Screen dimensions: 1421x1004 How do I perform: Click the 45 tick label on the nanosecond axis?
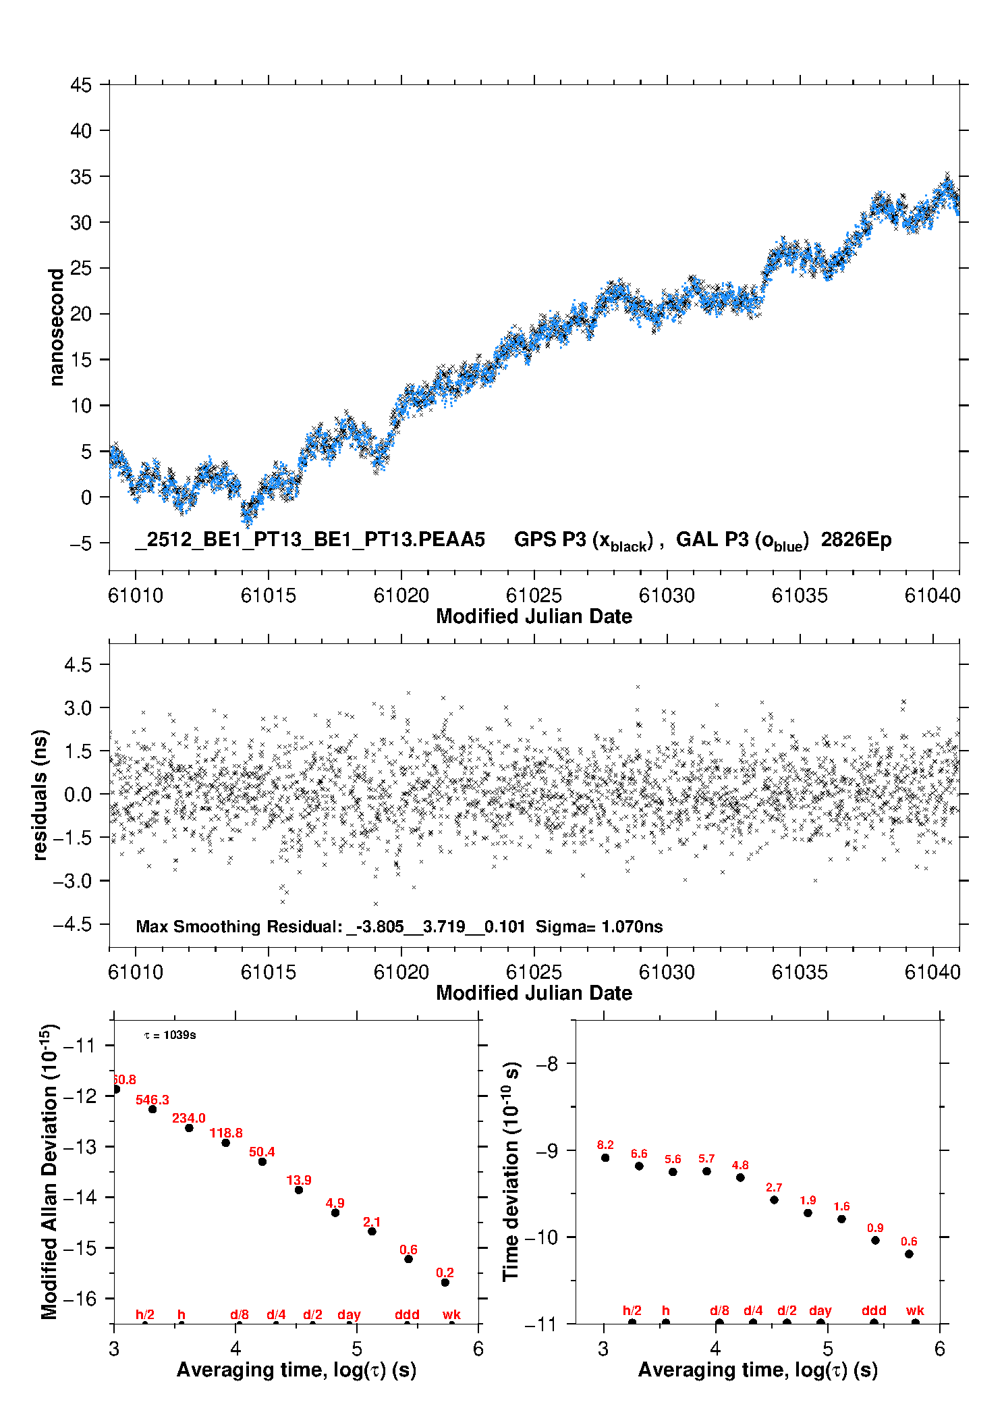click(80, 86)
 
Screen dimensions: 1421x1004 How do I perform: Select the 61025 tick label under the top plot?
click(534, 595)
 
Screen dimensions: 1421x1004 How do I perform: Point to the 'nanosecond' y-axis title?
click(56, 327)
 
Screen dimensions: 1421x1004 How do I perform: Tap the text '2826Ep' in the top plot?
click(856, 540)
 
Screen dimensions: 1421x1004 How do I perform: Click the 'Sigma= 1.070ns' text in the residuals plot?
click(598, 926)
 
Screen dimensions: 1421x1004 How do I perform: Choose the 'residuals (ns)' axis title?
click(40, 795)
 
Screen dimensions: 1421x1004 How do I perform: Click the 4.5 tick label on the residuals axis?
click(78, 665)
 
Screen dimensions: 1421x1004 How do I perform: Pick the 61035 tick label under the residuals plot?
click(800, 972)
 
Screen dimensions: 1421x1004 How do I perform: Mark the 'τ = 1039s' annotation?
click(170, 1035)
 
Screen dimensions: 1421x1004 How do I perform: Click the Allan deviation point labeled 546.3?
click(152, 1109)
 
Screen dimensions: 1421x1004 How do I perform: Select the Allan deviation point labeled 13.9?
click(299, 1189)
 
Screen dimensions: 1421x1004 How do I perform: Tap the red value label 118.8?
click(226, 1133)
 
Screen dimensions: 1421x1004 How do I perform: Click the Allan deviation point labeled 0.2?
click(445, 1282)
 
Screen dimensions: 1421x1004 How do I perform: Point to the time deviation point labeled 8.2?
click(605, 1158)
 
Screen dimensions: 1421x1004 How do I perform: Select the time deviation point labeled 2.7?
click(774, 1200)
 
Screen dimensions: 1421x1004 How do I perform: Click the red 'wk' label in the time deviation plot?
click(915, 1310)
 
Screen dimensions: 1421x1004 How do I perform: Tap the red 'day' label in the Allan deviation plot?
click(349, 1314)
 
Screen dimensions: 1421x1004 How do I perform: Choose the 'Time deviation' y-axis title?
click(511, 1172)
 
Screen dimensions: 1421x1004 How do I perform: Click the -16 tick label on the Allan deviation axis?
click(80, 1298)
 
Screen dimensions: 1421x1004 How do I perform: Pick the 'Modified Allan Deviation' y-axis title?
click(49, 1171)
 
